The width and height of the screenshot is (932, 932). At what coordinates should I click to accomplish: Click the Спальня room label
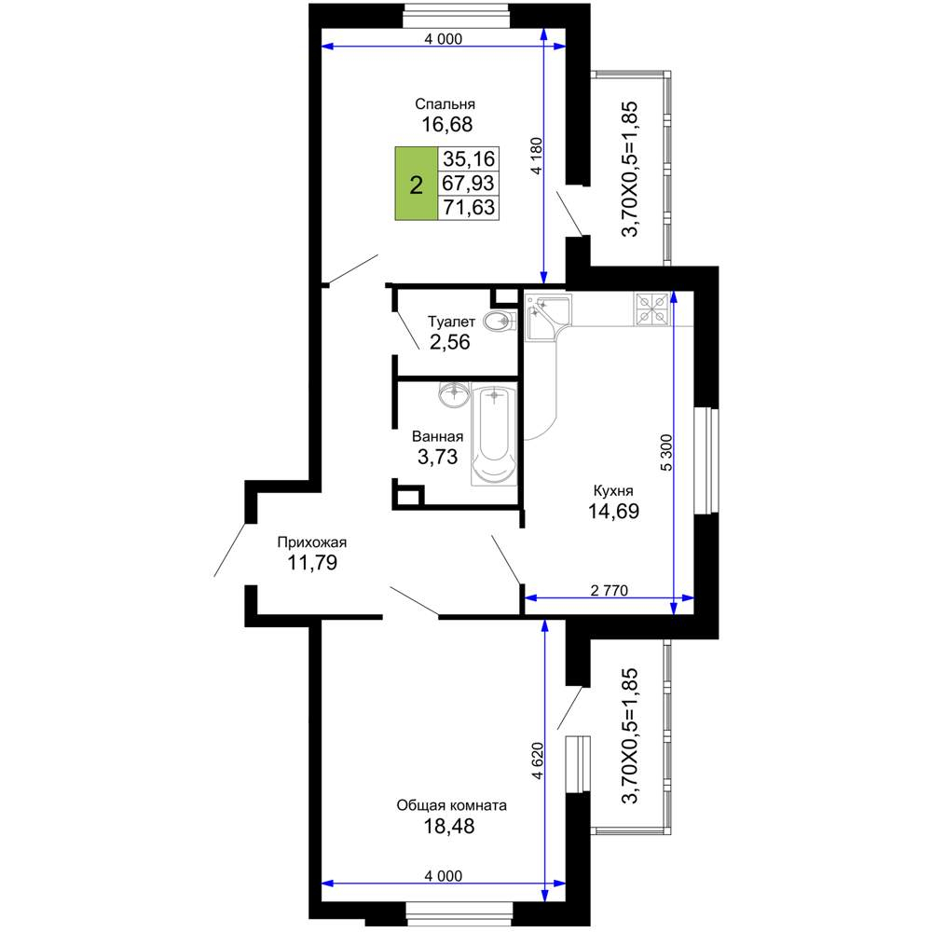(x=445, y=104)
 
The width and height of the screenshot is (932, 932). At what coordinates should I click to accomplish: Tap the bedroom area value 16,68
(x=447, y=124)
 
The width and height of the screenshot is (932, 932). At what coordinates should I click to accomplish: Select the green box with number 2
(x=416, y=184)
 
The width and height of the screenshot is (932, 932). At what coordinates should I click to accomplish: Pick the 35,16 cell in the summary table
(x=469, y=158)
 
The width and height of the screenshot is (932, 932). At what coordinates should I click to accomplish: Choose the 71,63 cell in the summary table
(x=469, y=208)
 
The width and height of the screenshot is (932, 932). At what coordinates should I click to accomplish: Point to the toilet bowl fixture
(x=500, y=322)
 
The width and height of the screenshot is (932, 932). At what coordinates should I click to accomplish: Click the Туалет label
(x=451, y=322)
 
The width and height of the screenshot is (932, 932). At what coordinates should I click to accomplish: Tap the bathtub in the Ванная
(x=494, y=434)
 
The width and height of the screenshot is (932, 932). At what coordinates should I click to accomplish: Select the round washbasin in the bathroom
(x=455, y=393)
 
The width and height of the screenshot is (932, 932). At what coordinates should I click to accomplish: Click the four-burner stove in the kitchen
(x=652, y=309)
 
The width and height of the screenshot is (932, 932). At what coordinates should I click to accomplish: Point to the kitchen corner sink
(x=547, y=316)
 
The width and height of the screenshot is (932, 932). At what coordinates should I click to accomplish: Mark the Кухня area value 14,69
(x=613, y=511)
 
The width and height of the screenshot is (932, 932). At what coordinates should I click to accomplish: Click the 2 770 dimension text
(x=610, y=590)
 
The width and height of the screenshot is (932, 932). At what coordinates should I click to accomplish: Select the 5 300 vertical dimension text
(x=667, y=453)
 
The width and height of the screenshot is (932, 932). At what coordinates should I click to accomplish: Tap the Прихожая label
(x=312, y=542)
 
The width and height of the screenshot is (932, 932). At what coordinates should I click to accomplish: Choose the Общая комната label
(x=451, y=805)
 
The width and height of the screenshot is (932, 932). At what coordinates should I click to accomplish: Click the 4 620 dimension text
(x=538, y=761)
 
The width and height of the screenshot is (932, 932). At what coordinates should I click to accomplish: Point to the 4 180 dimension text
(x=536, y=156)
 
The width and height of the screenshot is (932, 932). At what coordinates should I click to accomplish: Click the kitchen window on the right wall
(x=706, y=459)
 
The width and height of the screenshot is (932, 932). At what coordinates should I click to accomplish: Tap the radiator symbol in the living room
(x=578, y=764)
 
